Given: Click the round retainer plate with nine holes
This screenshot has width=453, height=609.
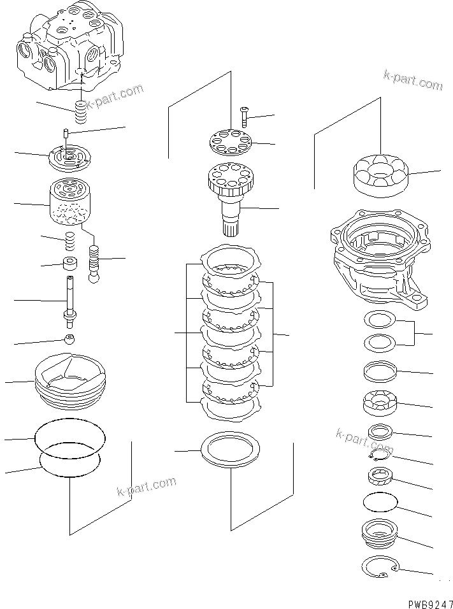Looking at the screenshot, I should (x=231, y=141).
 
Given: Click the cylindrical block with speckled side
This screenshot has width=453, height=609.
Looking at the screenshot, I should (x=68, y=202).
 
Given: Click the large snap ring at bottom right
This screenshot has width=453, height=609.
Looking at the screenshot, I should (x=380, y=566).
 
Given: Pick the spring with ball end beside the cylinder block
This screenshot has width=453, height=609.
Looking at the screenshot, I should (x=95, y=263).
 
